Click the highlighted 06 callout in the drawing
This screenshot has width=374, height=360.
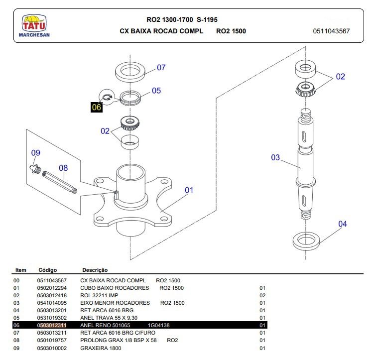[97, 107]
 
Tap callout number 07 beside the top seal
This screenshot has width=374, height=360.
[161, 68]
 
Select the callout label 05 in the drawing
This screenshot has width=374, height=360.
[156, 91]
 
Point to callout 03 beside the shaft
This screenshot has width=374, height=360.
[275, 157]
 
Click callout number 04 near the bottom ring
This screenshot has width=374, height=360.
[343, 224]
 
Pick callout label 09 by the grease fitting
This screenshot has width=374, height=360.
[36, 152]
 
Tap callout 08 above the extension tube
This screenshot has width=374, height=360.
[63, 168]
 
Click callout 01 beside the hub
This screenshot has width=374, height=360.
[189, 190]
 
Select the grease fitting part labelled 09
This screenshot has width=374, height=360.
[35, 169]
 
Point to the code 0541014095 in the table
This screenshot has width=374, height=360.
[52, 303]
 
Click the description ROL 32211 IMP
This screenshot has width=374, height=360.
[99, 295]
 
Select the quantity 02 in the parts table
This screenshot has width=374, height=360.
[262, 295]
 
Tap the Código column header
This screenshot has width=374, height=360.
[48, 270]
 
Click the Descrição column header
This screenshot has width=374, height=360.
[95, 270]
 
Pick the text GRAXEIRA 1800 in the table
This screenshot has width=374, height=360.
[101, 348]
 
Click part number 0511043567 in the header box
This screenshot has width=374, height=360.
[331, 31]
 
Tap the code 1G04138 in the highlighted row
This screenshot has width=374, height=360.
[159, 325]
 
